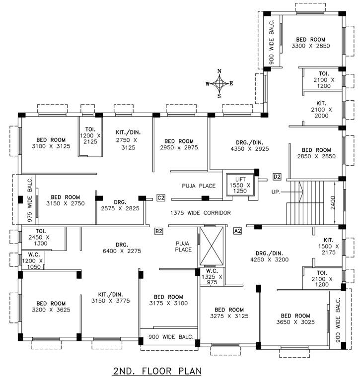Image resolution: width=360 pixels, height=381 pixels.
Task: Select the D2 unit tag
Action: coord(278,177)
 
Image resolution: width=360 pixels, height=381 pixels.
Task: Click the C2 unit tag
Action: coord(160,198)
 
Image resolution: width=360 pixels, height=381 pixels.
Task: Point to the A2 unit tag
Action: coord(238,231)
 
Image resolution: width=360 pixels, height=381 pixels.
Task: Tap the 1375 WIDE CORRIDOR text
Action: coord(200,213)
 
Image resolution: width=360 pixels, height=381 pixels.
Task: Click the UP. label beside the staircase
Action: coord(277,191)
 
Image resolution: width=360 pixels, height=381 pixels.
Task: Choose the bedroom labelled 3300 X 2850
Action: coord(311,43)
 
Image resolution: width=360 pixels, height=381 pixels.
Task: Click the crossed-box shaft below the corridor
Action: coord(212,247)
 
